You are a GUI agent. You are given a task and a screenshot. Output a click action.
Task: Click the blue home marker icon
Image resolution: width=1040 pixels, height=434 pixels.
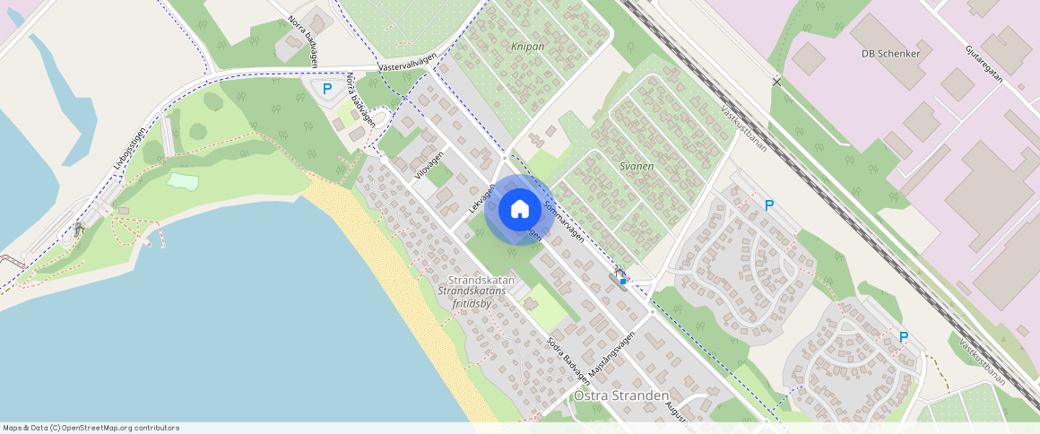tap(519, 209)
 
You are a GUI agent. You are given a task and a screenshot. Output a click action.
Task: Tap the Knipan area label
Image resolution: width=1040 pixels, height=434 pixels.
tap(527, 47)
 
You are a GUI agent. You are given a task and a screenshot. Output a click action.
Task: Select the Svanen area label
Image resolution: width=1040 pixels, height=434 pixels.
tap(637, 167)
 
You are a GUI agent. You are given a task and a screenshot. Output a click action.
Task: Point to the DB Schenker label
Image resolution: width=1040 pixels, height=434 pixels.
tap(891, 54)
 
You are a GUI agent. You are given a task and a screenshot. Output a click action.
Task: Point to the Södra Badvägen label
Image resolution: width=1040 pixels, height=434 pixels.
tap(564, 358)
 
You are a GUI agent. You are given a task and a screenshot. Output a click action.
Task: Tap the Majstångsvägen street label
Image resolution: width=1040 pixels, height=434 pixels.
tap(612, 355)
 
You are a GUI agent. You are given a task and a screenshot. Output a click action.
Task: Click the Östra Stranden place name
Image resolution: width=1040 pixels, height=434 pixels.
tap(621, 395)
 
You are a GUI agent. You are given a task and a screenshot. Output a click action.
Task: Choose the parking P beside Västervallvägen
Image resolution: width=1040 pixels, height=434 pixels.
tap(327, 88)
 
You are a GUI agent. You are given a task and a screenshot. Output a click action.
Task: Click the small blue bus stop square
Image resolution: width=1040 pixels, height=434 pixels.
tap(623, 282)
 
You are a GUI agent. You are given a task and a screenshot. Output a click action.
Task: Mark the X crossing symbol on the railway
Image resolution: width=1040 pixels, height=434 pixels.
tap(776, 82)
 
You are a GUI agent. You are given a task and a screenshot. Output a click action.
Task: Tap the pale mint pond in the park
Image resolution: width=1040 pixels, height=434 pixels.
tap(183, 181)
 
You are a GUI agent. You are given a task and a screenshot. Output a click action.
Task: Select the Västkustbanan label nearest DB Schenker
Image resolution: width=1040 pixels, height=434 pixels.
tap(743, 128)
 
